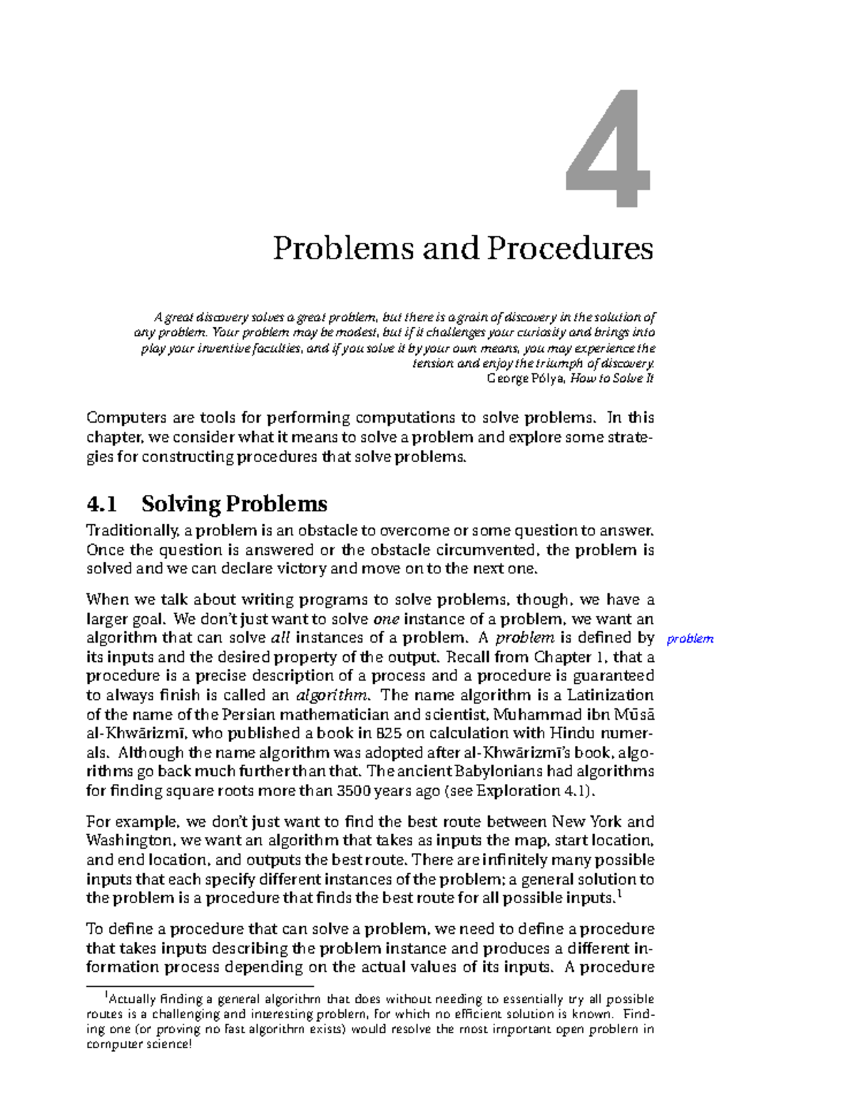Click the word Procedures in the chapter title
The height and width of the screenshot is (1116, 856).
point(569,248)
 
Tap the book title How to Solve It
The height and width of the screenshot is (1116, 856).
point(612,378)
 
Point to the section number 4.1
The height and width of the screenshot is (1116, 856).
point(101,504)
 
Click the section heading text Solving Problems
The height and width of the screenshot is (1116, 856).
point(234,504)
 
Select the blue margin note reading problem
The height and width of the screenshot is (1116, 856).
point(689,639)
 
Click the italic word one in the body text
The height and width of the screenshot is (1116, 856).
point(386,619)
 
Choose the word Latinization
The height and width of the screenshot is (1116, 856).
point(610,695)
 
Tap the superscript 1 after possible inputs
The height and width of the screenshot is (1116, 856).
point(620,893)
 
